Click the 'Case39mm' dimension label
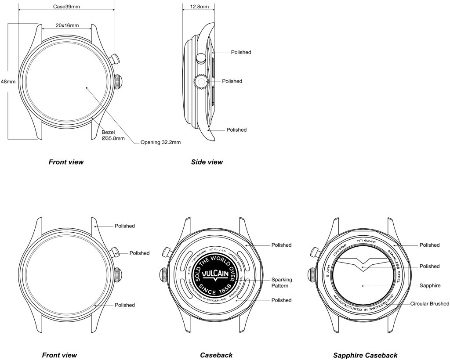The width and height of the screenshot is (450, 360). point(66,7)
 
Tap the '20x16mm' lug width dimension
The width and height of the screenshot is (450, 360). point(67,25)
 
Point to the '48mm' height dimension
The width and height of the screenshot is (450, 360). point(8,82)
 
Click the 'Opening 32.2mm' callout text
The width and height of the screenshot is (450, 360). point(160,142)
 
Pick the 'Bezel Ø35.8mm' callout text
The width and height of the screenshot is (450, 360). point(113,135)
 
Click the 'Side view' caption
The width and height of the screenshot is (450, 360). point(207,162)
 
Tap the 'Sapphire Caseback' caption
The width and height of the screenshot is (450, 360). point(365,355)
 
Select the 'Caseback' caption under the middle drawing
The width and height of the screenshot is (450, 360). point(216,355)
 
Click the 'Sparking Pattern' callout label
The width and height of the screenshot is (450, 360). point(282,283)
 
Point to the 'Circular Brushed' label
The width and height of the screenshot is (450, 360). point(429,304)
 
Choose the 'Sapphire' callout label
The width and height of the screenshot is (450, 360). point(430,285)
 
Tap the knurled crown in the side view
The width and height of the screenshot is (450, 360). point(200,82)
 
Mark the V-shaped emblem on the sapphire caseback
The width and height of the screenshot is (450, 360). point(361,263)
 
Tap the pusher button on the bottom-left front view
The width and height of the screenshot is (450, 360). point(115,252)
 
